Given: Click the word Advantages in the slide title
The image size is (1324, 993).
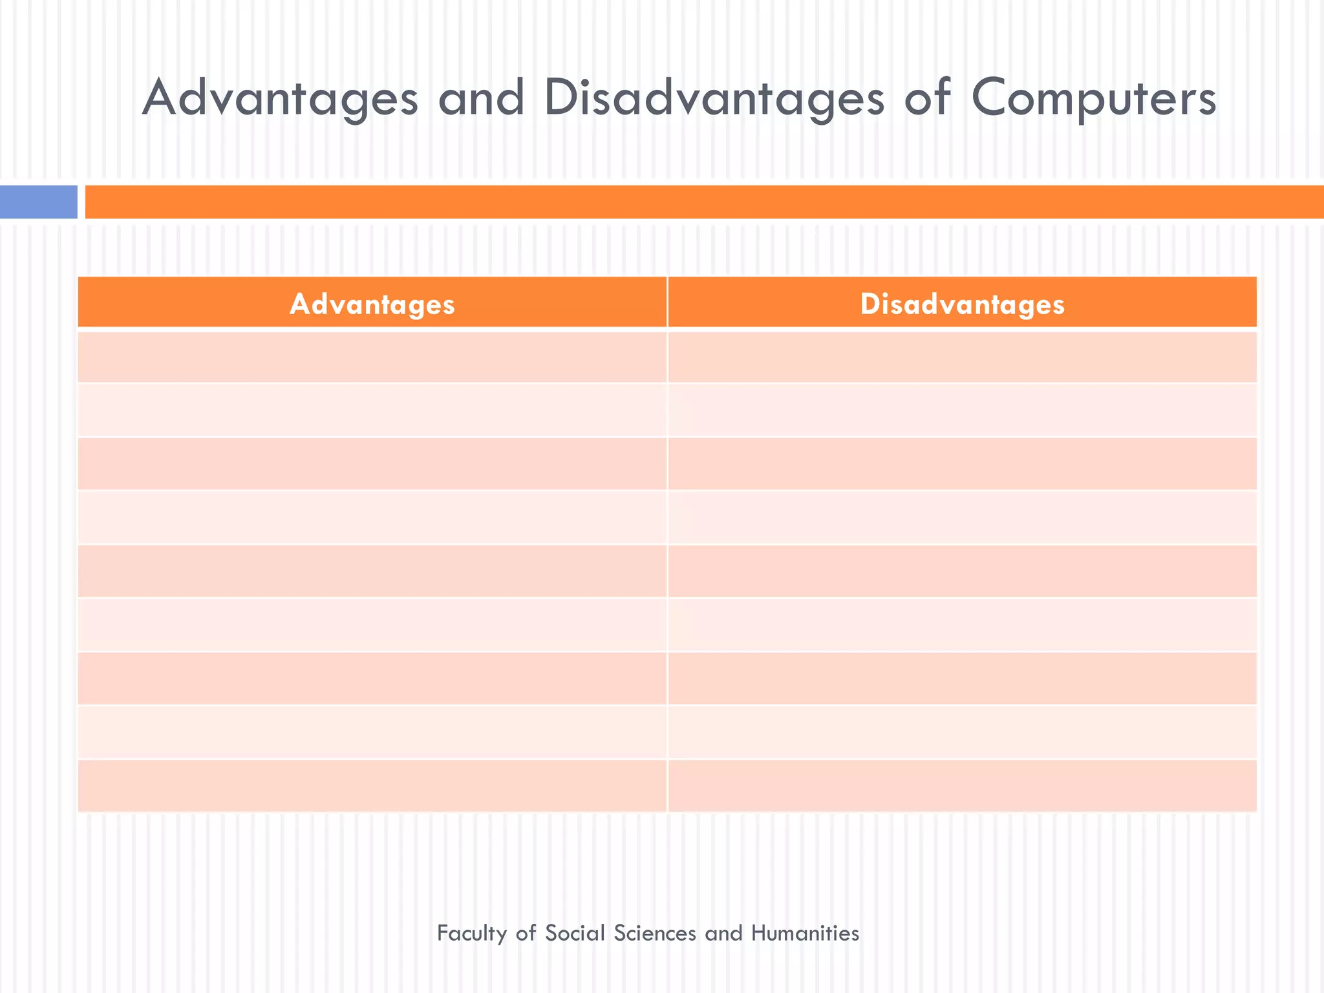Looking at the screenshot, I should click(280, 98).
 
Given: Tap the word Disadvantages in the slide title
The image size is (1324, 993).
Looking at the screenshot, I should click(714, 98).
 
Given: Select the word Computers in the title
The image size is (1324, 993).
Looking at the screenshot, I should click(1094, 98).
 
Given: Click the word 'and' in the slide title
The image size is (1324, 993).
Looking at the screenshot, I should click(481, 98).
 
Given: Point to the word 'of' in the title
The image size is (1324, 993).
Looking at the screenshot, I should click(927, 98).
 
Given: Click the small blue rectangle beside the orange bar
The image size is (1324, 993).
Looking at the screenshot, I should click(38, 202).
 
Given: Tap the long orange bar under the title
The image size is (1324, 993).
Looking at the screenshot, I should click(703, 202).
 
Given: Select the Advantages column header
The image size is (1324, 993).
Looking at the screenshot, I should click(372, 304).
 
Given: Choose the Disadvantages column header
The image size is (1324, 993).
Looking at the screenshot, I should click(962, 304).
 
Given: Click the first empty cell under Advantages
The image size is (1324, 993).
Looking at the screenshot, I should click(372, 357).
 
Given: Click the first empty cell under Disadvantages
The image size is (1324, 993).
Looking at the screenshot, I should click(962, 357).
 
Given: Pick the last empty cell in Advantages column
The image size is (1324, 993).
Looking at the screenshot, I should click(372, 785).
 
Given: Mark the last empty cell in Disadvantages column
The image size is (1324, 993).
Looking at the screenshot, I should click(962, 785).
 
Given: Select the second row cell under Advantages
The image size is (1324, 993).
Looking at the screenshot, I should click(372, 411).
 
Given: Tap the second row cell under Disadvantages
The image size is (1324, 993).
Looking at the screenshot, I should click(962, 411).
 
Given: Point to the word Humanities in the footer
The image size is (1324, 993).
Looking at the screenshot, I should click(805, 934).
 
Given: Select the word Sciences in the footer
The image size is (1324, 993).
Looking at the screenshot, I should click(654, 934).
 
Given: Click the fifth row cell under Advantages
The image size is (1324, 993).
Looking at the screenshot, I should click(372, 571).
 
